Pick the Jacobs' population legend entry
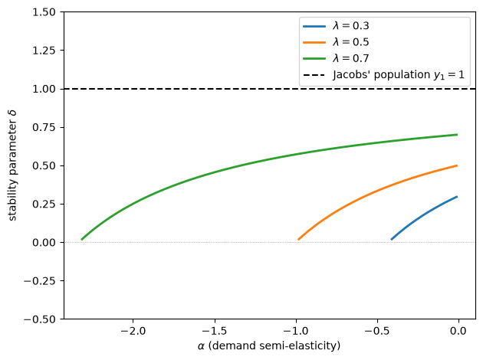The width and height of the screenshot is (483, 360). (x=383, y=75)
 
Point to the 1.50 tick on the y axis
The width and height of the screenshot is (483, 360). (x=44, y=12)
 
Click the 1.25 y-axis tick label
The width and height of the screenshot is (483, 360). (x=44, y=51)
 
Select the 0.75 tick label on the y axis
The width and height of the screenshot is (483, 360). (x=44, y=127)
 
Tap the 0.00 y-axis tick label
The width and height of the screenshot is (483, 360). (x=44, y=243)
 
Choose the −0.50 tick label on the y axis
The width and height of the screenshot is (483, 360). (x=40, y=319)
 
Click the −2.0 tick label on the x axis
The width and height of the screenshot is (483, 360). (x=133, y=331)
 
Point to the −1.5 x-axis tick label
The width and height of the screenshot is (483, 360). (x=215, y=331)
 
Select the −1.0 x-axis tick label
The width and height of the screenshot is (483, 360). (x=296, y=331)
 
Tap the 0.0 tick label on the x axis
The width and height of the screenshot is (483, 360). (x=458, y=331)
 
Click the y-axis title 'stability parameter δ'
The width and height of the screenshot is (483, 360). (x=12, y=165)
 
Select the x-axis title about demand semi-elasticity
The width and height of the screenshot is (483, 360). (x=269, y=346)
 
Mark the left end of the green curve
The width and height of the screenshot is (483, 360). (x=81, y=240)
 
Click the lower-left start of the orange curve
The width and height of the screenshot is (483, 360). (x=298, y=240)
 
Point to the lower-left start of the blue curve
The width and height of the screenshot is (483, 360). (x=392, y=240)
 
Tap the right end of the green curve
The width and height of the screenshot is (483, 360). (x=457, y=135)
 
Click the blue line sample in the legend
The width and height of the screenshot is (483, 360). (x=314, y=27)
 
